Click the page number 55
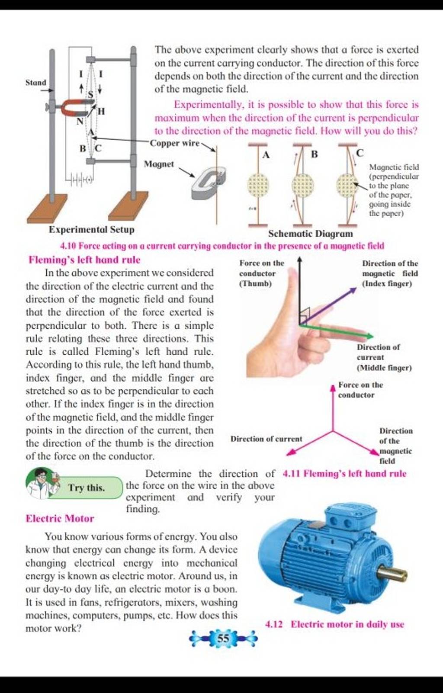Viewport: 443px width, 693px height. [223, 638]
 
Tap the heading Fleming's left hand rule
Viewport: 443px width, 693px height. [84, 260]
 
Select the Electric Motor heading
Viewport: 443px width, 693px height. [60, 518]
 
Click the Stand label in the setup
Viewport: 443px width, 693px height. [35, 82]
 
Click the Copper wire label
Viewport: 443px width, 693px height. [175, 143]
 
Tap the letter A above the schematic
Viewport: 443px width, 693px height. [266, 154]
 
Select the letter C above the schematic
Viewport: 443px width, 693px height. [360, 153]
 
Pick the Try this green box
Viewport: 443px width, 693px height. [87, 488]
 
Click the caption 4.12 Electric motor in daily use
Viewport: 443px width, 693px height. [334, 624]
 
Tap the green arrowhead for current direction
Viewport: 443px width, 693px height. [369, 336]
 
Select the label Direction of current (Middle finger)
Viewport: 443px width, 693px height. [384, 357]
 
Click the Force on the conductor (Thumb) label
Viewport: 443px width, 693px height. [261, 273]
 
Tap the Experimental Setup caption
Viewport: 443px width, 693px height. [91, 229]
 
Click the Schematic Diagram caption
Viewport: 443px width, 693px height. [310, 234]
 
